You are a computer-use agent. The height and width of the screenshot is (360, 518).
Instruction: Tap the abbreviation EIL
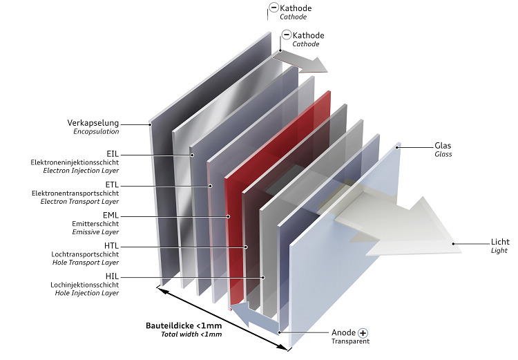112,153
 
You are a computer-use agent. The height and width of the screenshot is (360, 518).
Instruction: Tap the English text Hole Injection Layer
86,293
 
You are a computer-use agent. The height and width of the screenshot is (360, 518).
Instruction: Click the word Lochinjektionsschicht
84,285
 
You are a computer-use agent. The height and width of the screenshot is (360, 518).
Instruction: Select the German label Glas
442,146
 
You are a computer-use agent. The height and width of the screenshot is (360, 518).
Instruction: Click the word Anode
343,332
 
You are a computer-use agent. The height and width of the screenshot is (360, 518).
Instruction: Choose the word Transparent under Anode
350,341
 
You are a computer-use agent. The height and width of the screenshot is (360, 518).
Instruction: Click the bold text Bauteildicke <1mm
184,325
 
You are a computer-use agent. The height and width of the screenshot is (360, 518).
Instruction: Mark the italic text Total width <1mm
191,334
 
